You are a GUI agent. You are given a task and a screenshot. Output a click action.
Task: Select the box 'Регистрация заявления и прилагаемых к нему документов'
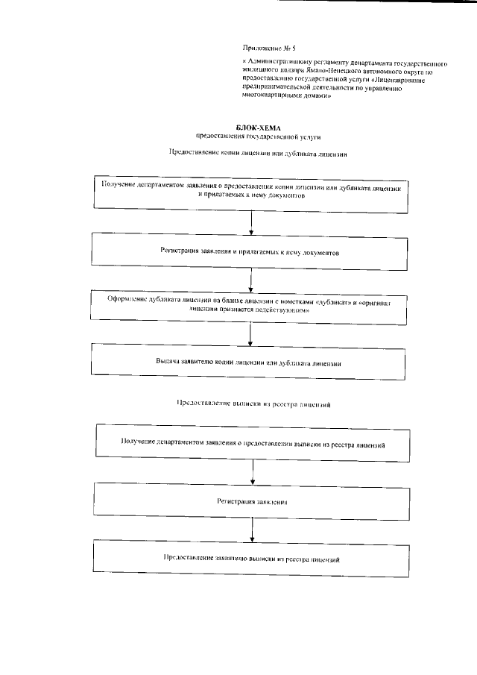(251, 252)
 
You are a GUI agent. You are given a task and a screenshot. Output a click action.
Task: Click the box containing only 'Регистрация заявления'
(253, 501)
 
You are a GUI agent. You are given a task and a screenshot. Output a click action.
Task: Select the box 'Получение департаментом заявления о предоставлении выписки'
(253, 442)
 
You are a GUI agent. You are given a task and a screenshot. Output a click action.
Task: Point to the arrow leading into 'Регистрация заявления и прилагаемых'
(253, 223)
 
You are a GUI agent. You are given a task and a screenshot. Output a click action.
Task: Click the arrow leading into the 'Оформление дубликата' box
(253, 279)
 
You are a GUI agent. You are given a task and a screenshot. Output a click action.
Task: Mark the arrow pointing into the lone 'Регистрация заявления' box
(253, 471)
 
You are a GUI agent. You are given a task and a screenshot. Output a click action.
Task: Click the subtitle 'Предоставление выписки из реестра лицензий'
(253, 404)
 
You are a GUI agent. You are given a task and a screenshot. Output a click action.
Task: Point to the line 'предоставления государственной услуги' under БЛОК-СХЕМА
(252, 136)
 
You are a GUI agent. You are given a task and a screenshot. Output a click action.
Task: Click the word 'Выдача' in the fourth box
(170, 362)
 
